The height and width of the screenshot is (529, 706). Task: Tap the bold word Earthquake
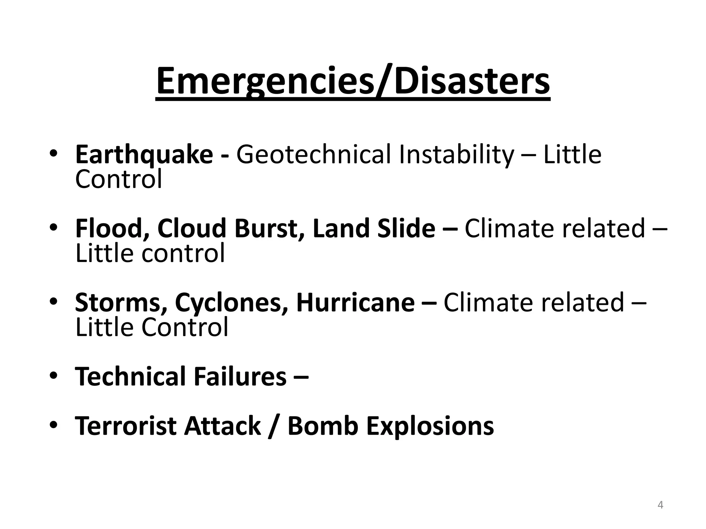point(144,155)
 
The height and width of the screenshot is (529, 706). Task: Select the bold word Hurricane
point(355,302)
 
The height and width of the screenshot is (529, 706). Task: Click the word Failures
point(240,376)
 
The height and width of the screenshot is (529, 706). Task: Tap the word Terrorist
point(125,426)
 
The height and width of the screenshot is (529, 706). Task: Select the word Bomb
point(323,426)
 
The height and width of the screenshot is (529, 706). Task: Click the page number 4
point(660,505)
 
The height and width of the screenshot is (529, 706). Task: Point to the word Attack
point(223,426)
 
